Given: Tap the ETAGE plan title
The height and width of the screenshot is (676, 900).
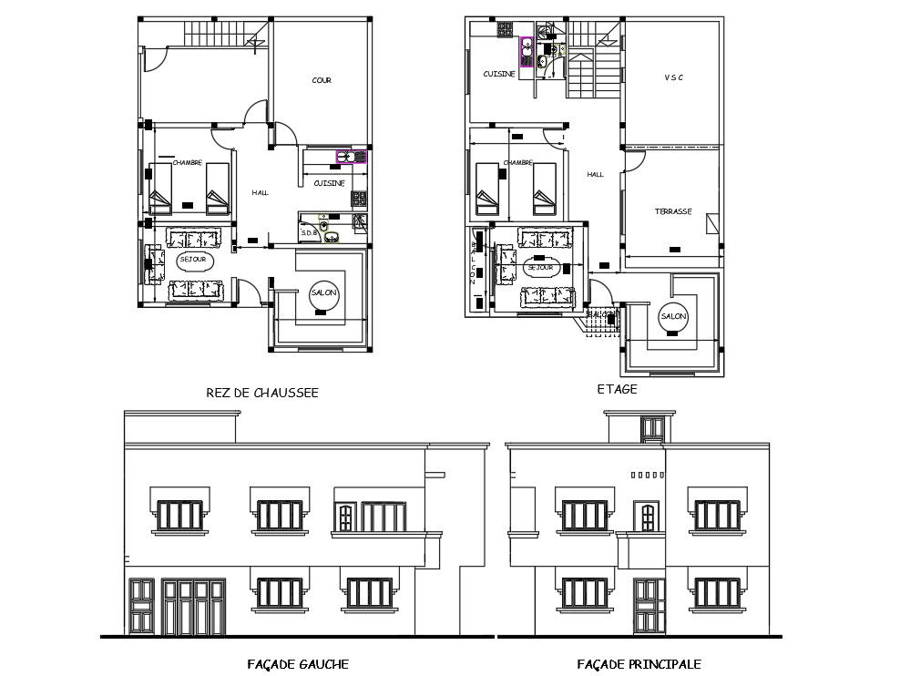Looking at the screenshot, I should (x=617, y=388).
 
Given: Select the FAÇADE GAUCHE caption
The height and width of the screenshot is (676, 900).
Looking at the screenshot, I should (x=298, y=664).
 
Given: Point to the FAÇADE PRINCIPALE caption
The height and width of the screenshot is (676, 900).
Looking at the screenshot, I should (x=639, y=664).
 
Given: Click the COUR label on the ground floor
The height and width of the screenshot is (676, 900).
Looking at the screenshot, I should (x=322, y=80).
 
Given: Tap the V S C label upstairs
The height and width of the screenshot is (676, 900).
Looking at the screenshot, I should (x=673, y=77).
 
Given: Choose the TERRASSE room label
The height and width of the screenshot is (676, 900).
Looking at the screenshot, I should (x=673, y=211).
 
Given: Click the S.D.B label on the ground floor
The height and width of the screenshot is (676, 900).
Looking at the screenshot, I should (x=310, y=234).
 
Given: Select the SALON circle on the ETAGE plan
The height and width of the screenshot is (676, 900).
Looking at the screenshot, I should (x=673, y=315).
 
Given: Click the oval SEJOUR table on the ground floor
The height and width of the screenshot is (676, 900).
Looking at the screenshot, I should (x=192, y=260).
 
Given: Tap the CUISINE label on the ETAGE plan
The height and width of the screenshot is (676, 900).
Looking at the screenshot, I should (x=499, y=74).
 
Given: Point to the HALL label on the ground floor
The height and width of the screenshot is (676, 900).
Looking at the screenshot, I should (x=260, y=192).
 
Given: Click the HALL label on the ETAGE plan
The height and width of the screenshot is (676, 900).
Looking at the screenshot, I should (x=595, y=174).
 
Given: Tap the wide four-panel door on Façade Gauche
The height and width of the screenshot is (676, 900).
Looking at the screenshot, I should (x=192, y=608).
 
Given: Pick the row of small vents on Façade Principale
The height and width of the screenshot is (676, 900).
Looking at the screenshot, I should (x=645, y=475).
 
